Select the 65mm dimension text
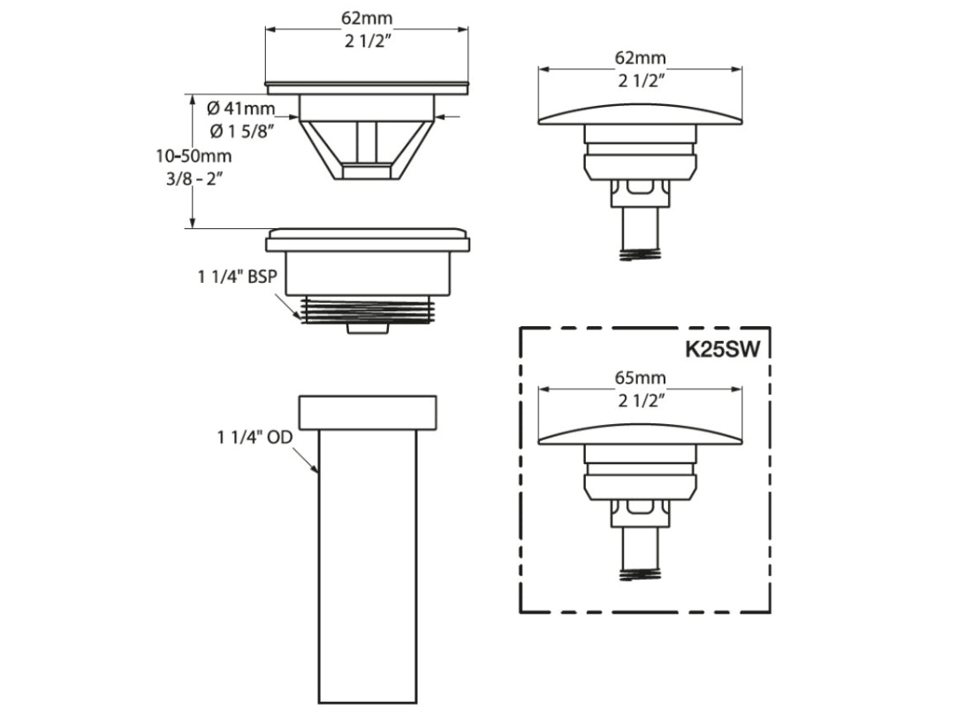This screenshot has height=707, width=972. pos(641,377)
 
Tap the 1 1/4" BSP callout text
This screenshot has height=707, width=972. pos(237,277)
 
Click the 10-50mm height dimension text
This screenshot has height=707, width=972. pos(193,156)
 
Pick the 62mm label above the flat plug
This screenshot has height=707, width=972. pos(367,17)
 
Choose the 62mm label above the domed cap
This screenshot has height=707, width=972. pos(641,58)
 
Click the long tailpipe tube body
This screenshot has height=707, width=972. pos(367,566)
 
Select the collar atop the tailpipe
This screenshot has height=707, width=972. pos(367,412)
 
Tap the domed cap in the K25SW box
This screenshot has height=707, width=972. pos(641,432)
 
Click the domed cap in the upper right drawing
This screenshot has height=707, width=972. pos(641,113)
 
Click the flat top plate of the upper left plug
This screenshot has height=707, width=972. pos(367,87)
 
